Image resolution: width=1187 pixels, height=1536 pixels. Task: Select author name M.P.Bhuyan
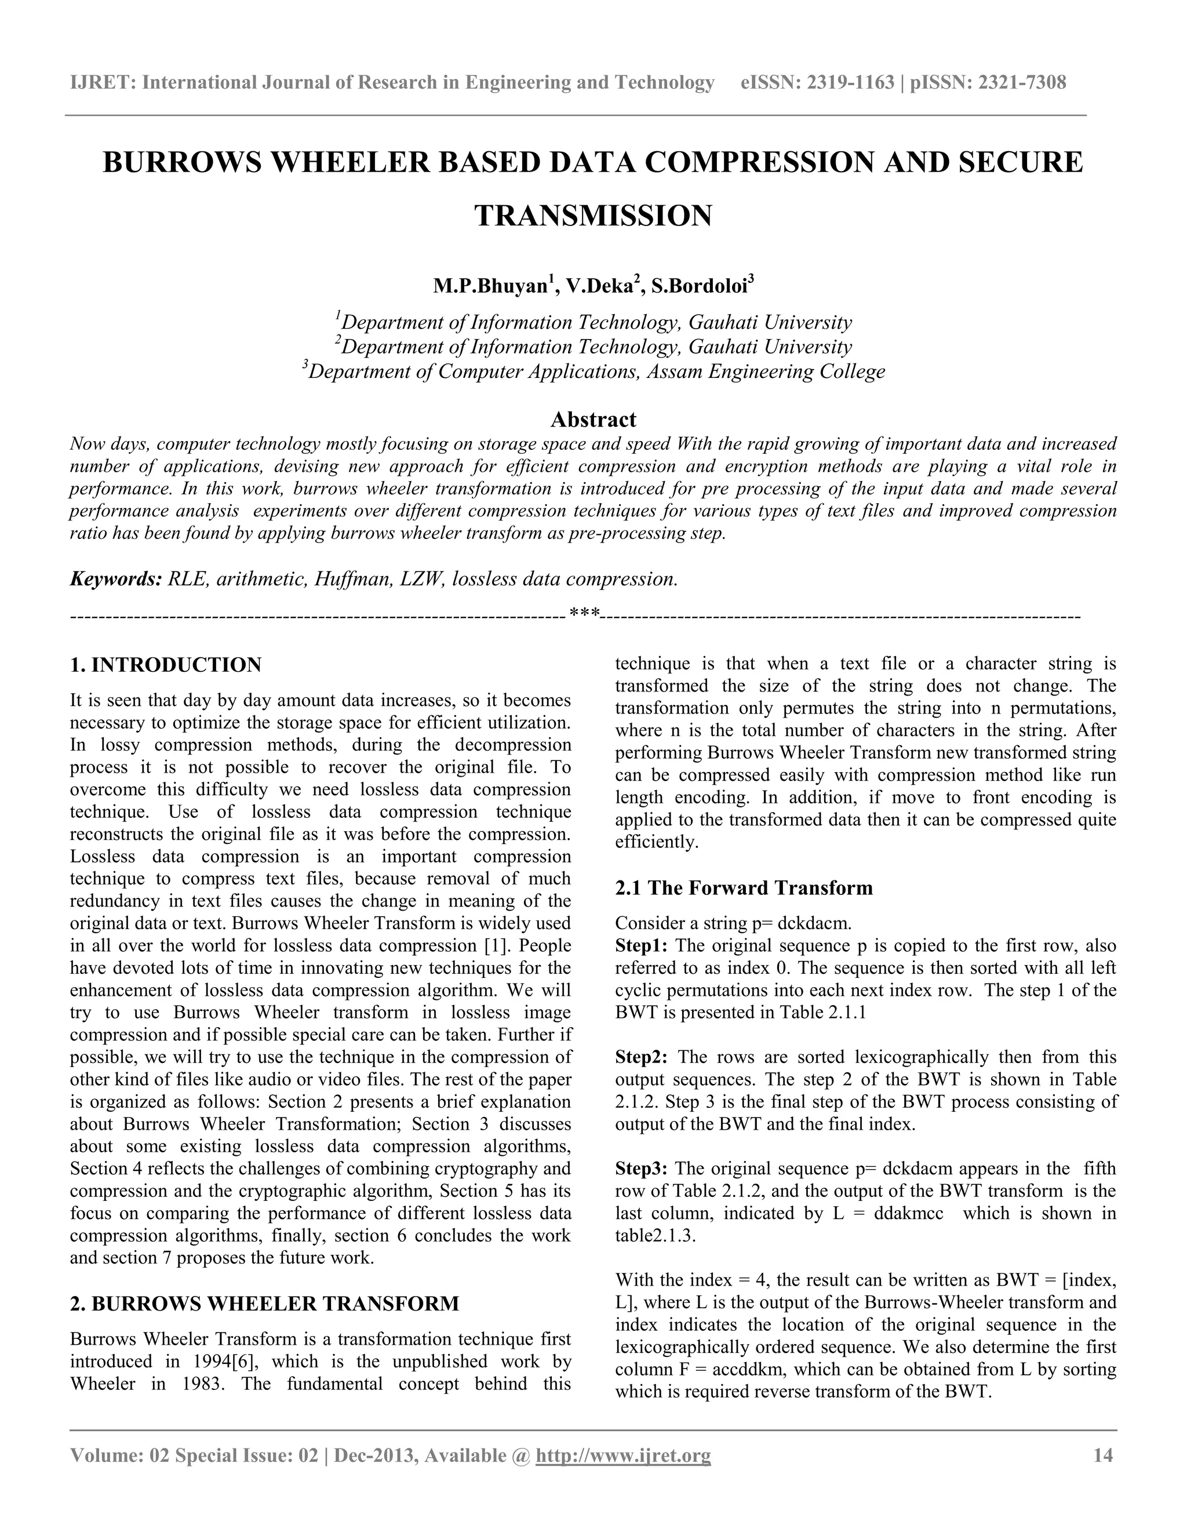point(490,286)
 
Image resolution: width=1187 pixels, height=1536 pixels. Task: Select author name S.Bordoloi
point(699,286)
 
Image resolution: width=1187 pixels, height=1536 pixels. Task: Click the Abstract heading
point(593,420)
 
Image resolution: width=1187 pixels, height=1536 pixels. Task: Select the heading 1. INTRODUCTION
point(166,665)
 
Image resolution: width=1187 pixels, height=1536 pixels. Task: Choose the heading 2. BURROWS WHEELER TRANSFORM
point(264,1303)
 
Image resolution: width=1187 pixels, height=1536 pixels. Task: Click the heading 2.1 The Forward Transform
point(743,887)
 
